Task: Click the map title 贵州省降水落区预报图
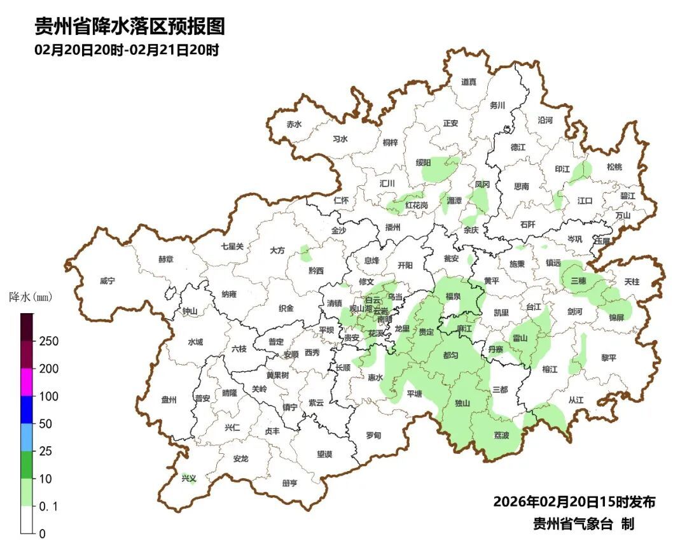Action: click(x=130, y=26)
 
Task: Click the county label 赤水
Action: click(x=293, y=125)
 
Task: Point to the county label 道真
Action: click(x=468, y=81)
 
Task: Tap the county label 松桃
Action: click(x=614, y=167)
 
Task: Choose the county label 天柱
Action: click(x=632, y=281)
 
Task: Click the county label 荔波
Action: click(x=502, y=435)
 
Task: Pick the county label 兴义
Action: click(x=189, y=478)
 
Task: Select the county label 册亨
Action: click(x=289, y=483)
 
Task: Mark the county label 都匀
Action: click(x=450, y=355)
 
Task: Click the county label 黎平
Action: click(x=609, y=358)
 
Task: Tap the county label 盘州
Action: click(x=169, y=400)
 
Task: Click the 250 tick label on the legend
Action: click(x=48, y=341)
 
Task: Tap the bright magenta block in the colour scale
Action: click(x=27, y=382)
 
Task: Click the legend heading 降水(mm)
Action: click(x=31, y=297)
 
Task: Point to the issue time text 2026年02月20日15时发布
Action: click(x=574, y=502)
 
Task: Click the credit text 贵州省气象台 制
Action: click(x=583, y=524)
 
